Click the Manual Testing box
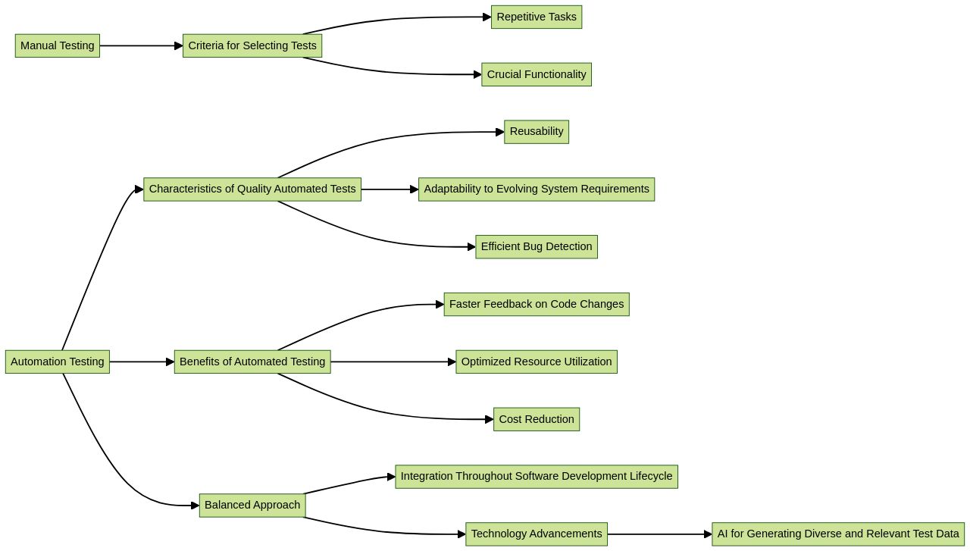pyautogui.click(x=58, y=45)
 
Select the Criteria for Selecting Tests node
pyautogui.click(x=252, y=45)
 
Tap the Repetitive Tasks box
pyautogui.click(x=537, y=17)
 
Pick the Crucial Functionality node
pyautogui.click(x=537, y=74)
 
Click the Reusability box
pyautogui.click(x=537, y=132)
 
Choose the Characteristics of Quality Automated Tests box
pyautogui.click(x=252, y=189)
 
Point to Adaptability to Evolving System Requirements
pyautogui.click(x=537, y=189)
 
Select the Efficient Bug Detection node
pyautogui.click(x=537, y=247)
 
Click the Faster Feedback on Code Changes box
pyautogui.click(x=537, y=305)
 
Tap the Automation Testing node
pyautogui.click(x=58, y=362)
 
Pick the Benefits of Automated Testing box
pyautogui.click(x=252, y=362)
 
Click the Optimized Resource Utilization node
pyautogui.click(x=537, y=362)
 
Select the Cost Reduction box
pyautogui.click(x=537, y=419)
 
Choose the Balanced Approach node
pyautogui.click(x=252, y=506)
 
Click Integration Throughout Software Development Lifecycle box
pyautogui.click(x=537, y=477)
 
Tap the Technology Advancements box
pyautogui.click(x=537, y=534)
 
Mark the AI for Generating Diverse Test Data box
pyautogui.click(x=838, y=534)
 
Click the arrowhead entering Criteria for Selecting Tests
pyautogui.click(x=179, y=45)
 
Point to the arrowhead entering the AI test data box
pyautogui.click(x=708, y=534)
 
